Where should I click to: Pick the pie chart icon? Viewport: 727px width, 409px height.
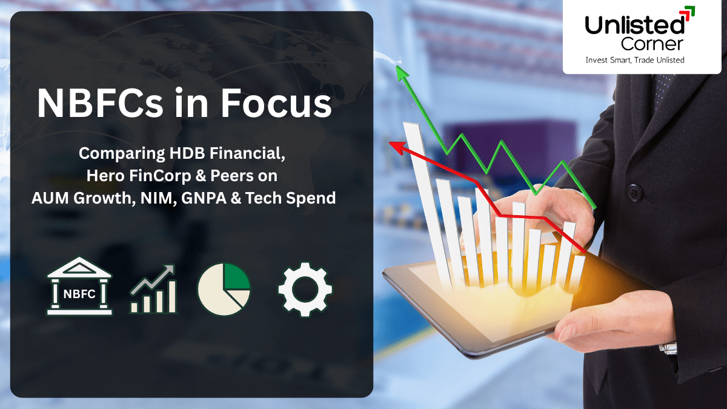[224, 289]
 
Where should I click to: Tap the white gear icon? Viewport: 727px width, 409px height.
[305, 289]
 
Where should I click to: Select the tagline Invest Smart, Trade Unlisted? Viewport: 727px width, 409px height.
[634, 60]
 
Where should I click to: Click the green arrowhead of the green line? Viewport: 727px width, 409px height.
[400, 72]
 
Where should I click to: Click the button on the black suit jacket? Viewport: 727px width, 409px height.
[634, 193]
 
